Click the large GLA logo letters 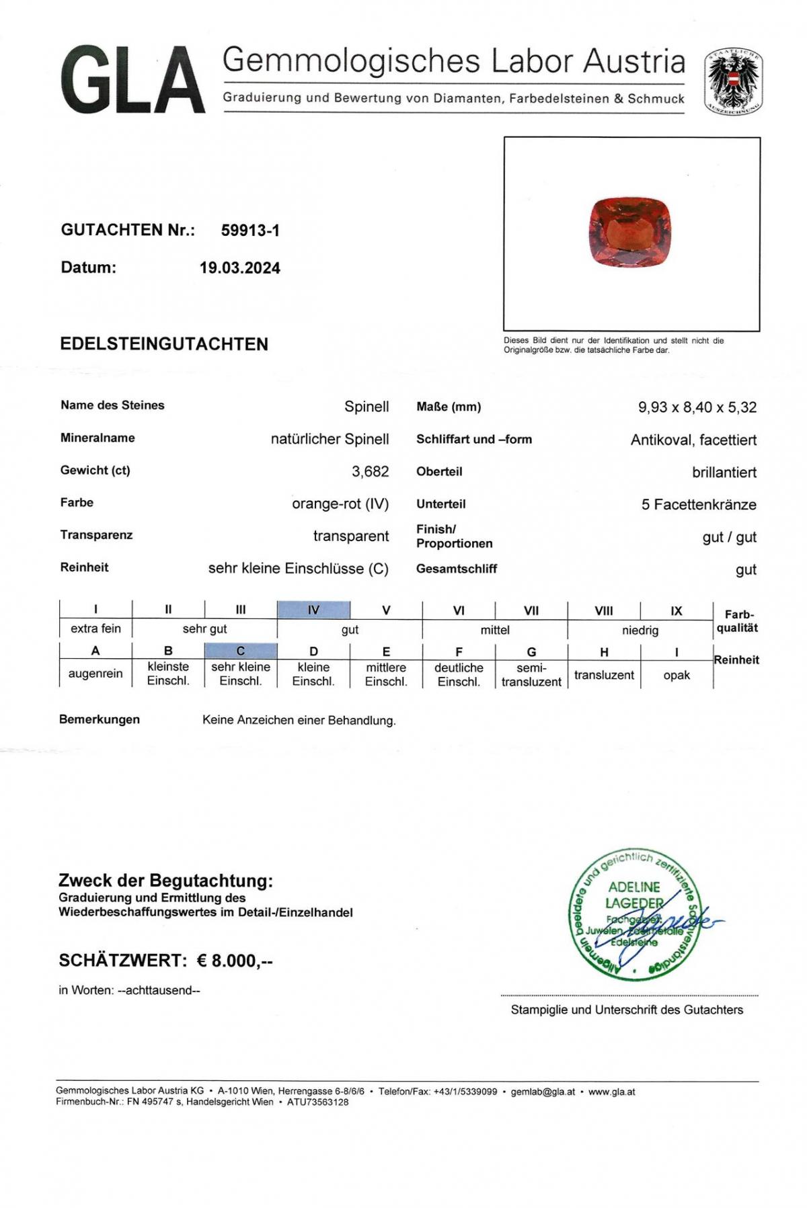pos(132,80)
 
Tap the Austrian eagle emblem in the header pos(733,82)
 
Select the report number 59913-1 pos(250,231)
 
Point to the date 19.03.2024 pos(239,268)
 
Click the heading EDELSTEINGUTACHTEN pos(164,344)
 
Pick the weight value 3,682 pos(370,472)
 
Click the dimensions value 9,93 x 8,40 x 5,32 pos(697,407)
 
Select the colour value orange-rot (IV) pos(340,504)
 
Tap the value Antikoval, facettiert pos(693,440)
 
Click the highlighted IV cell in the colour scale pos(313,610)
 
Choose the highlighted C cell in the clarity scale pos(241,651)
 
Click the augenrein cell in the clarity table pos(95,674)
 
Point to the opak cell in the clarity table pos(677,675)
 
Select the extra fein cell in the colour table pos(95,629)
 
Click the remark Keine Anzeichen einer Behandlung pos(299,721)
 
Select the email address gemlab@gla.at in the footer pos(543,1092)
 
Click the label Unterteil pos(441,504)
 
